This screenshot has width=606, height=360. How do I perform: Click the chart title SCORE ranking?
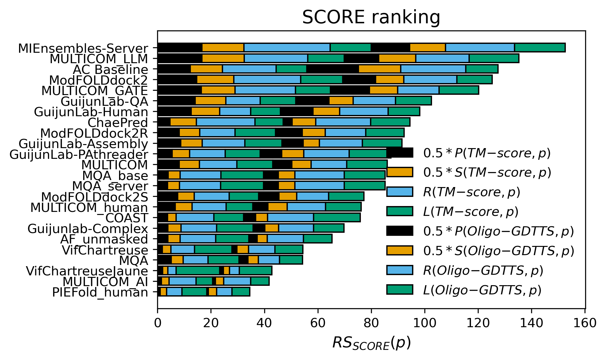(371, 17)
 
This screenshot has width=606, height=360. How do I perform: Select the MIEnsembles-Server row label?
(83, 48)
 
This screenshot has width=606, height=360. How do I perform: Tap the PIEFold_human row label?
(100, 292)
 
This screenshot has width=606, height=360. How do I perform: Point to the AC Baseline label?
(110, 70)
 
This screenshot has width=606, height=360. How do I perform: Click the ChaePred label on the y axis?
(118, 123)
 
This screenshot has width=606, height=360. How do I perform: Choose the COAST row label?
(127, 218)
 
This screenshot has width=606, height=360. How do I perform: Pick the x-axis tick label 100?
(425, 323)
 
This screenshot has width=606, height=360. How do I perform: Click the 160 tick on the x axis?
(585, 323)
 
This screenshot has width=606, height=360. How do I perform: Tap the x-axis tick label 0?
(157, 323)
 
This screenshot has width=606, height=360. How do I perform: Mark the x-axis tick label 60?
(318, 323)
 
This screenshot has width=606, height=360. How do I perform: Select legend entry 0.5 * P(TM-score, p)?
(487, 153)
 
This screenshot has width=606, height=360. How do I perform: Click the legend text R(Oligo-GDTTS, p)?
(483, 270)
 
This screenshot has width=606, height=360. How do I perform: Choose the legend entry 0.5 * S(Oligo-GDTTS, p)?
(498, 251)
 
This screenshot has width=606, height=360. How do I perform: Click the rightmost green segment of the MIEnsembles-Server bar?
(540, 48)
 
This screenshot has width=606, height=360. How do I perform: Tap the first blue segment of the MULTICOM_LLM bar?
(276, 58)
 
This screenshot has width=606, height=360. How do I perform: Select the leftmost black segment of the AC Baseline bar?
(174, 69)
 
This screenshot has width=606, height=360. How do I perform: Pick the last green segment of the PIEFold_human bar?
(241, 292)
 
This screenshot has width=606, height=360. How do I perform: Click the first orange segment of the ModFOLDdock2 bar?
(215, 79)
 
